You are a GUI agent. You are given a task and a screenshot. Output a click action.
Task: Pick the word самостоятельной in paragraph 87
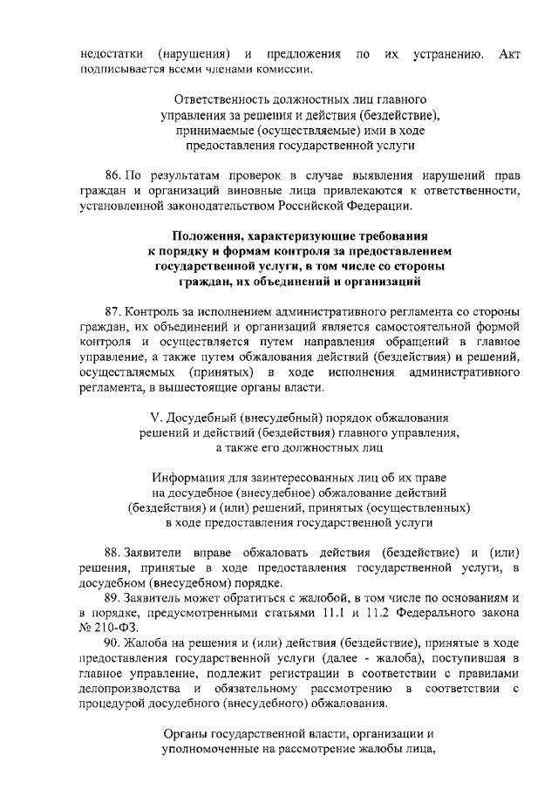(x=414, y=327)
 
